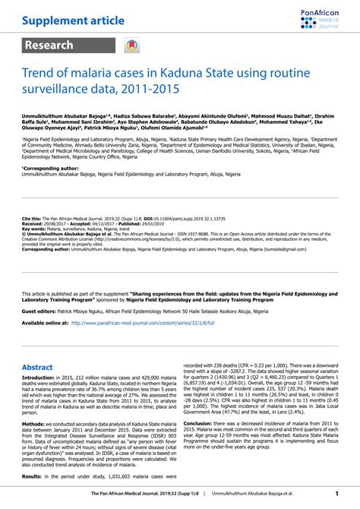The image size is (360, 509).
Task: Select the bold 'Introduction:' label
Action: pyautogui.click(x=39, y=377)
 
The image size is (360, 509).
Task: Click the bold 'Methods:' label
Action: pyautogui.click(x=33, y=424)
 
